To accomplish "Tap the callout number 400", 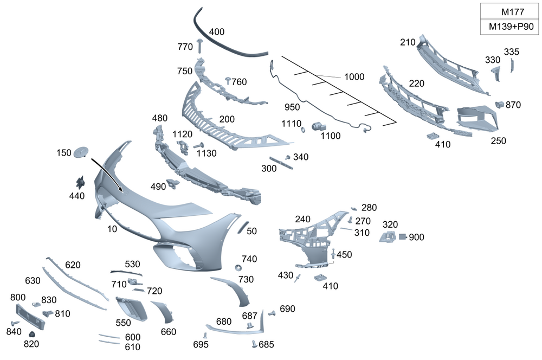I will pos(216,32).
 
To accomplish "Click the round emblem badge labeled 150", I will pos(81,152).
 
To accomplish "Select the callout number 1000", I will pos(354,77).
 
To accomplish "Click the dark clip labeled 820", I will pos(31,333).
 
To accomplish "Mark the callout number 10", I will pos(112,229).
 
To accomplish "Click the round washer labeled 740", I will pos(237,268).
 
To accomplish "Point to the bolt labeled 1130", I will pos(197,145).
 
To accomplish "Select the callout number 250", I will pos(498,141).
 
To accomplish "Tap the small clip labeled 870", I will pos(499,104).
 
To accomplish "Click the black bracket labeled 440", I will pos(81,182).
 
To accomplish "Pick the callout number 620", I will pos(73,265).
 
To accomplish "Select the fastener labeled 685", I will pos(254,343).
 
